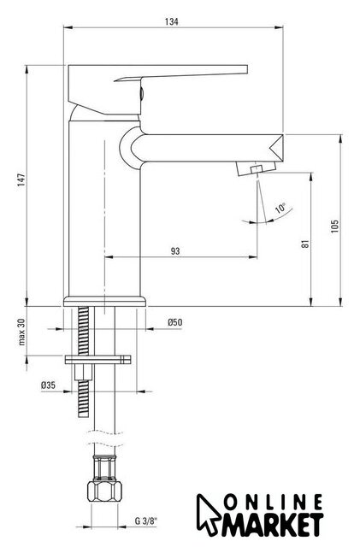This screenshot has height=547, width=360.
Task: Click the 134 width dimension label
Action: coord(171,21)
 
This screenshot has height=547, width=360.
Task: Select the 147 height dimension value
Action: coord(21,179)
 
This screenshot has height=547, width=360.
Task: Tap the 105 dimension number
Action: coord(334,226)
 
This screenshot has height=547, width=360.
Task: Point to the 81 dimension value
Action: coord(305,244)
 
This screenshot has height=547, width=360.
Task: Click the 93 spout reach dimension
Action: coord(175,250)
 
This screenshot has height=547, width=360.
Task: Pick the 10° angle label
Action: coord(280,209)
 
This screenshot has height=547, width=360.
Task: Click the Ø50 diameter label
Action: coord(175,322)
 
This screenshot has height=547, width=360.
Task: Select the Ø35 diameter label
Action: coord(48,385)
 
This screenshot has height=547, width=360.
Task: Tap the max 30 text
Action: coord(22,332)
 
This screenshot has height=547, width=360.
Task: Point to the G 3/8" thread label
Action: coord(146,521)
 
